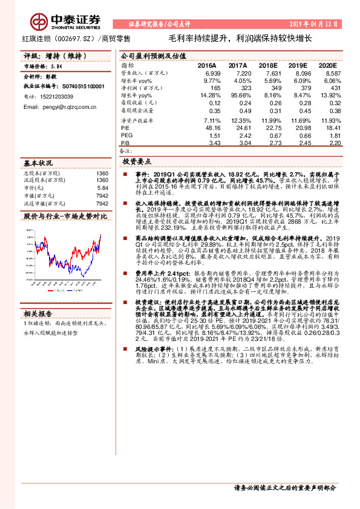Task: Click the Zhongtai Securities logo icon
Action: click(x=39, y=22)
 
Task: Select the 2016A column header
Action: click(x=207, y=65)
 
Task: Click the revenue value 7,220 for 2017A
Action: click(x=238, y=73)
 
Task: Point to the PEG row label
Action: click(x=126, y=135)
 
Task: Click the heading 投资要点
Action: click(x=137, y=162)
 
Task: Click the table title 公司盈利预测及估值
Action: click(x=152, y=55)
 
